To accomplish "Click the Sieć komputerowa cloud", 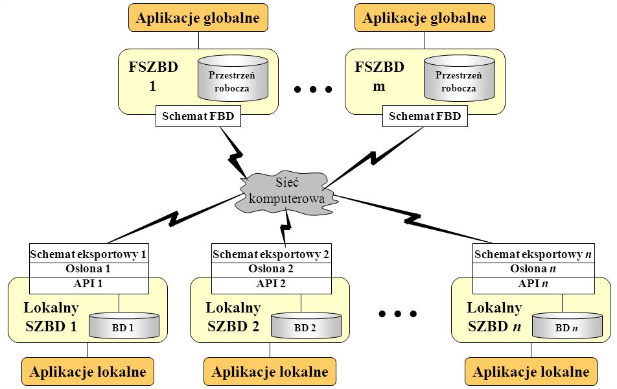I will point(285,193).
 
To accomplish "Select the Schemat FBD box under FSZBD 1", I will point(198,117).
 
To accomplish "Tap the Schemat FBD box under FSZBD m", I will point(425,117).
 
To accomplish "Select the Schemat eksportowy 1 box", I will point(89,255).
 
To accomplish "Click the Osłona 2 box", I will point(271,269).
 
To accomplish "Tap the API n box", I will point(533,284).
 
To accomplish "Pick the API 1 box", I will point(89,284).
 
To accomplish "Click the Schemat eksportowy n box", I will point(533,255).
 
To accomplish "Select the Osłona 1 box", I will point(89,269).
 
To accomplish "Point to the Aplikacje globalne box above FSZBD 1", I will point(198,18).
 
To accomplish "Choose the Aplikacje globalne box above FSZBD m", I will point(425,18).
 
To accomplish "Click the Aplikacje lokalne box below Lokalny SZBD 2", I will point(270,371).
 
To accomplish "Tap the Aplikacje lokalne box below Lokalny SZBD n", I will point(531,371).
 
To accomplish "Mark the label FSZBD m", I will point(380,77).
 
